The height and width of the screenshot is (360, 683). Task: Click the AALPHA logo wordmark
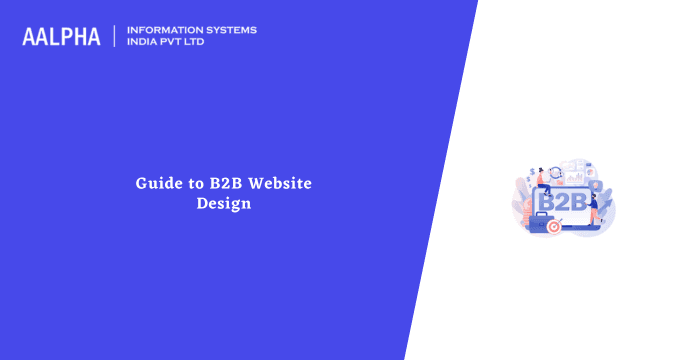tap(61, 37)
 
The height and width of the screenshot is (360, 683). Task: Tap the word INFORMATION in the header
tap(161, 30)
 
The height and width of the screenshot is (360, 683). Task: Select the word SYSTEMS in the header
tap(228, 30)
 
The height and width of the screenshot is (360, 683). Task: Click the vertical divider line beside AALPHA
tap(114, 37)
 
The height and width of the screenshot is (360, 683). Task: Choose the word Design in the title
tap(222, 203)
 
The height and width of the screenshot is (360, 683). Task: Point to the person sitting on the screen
tap(545, 180)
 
